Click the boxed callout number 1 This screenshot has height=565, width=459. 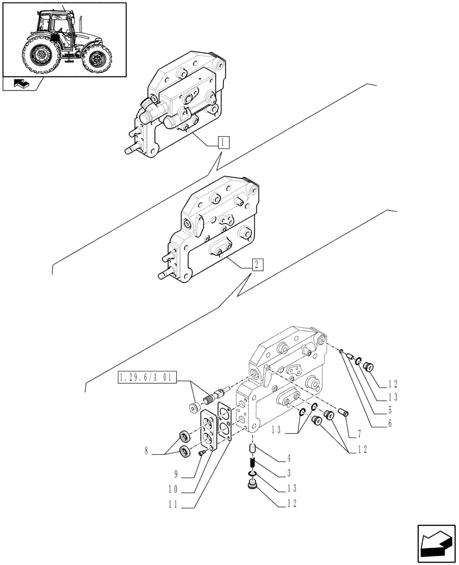tap(224, 141)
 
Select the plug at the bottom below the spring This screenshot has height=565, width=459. tap(253, 485)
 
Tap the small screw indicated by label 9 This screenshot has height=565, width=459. tap(201, 453)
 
